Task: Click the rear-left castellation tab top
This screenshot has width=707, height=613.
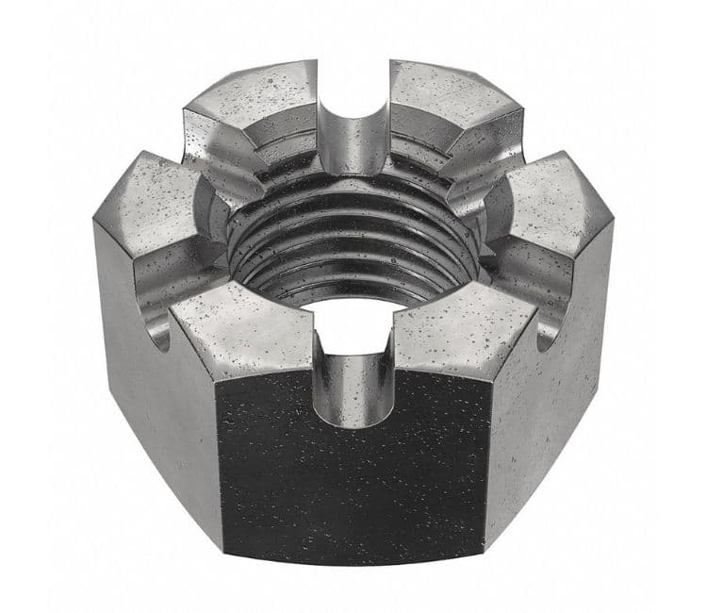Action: (x=255, y=104)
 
